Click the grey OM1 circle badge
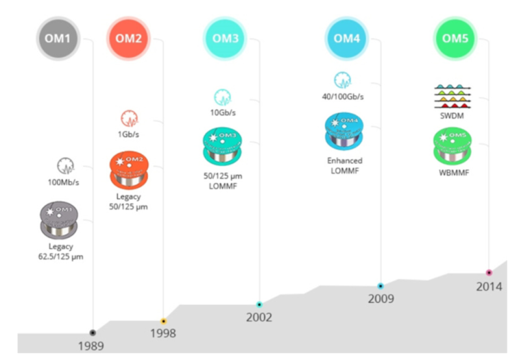point(58,38)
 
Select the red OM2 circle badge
point(129,38)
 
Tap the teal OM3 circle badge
point(226,38)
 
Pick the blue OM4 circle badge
point(346,38)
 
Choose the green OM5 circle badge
point(455,38)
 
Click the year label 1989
point(91,346)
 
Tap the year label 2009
point(381,299)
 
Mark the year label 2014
point(489,287)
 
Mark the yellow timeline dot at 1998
point(163,321)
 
